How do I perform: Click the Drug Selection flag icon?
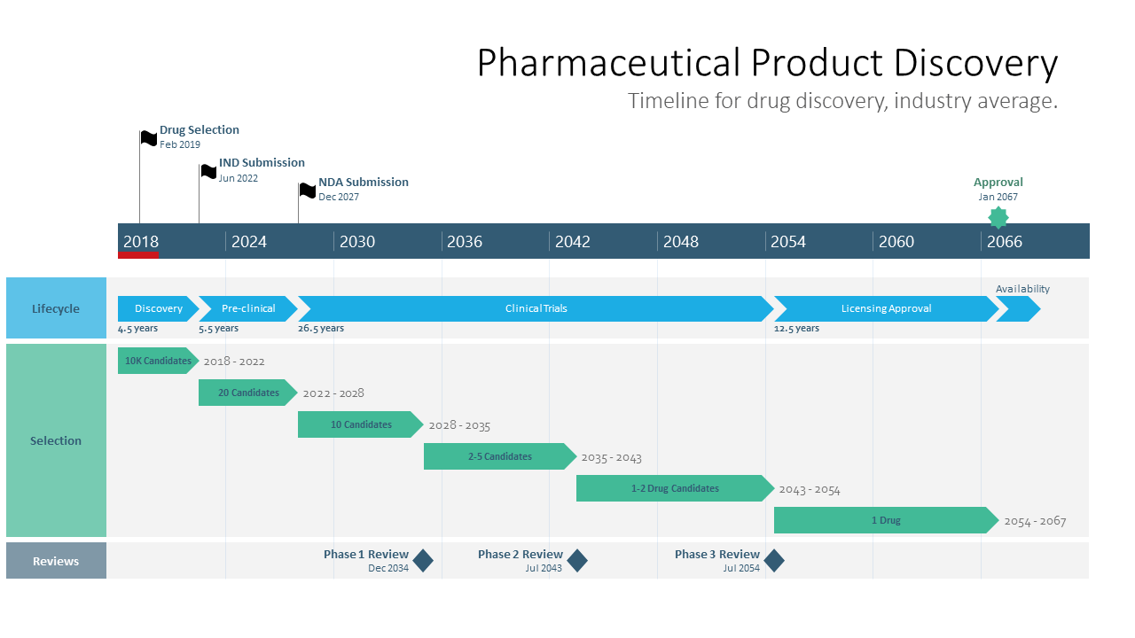click(x=149, y=138)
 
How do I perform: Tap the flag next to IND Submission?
click(x=208, y=171)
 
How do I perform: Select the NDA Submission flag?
click(x=307, y=190)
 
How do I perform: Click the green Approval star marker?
click(x=998, y=217)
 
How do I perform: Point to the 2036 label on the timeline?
click(x=465, y=242)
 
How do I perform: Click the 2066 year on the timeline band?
click(x=1005, y=242)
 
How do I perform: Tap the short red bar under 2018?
click(x=138, y=255)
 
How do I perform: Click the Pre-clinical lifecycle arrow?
click(x=247, y=308)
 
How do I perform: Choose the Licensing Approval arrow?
click(x=886, y=308)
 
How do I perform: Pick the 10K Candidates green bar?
click(x=157, y=361)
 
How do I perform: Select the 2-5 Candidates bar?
click(x=499, y=456)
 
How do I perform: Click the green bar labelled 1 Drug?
click(x=885, y=520)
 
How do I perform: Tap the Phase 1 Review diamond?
click(x=423, y=561)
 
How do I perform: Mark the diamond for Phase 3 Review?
click(x=774, y=561)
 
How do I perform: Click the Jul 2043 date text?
click(x=544, y=569)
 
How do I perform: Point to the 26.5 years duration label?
click(x=321, y=329)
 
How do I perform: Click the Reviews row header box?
click(x=56, y=561)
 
